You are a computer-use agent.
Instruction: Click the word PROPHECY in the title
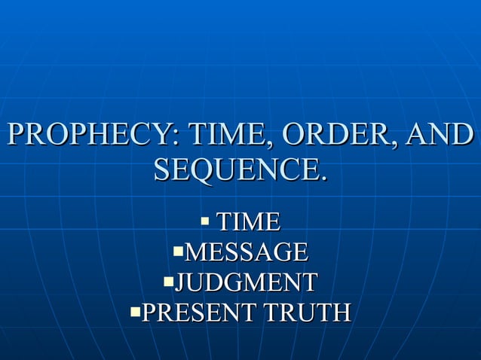90,136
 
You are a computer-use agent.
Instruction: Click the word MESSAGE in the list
246,252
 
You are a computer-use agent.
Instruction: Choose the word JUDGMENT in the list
246,282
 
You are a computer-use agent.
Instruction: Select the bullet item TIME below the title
248,222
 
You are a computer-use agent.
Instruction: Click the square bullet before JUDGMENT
169,277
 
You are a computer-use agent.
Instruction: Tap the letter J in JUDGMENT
180,282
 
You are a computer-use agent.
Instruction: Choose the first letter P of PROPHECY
14,136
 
